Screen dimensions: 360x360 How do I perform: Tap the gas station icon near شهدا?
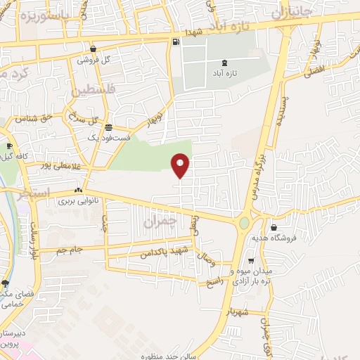tap(174, 41)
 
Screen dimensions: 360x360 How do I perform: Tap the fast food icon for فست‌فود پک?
tap(108, 127)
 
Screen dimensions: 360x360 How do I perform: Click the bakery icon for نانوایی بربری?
tap(79, 190)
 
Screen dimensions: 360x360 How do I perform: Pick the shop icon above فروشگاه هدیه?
tap(274, 227)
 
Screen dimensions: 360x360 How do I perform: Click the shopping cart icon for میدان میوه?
tap(251, 261)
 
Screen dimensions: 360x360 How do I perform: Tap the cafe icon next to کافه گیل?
tap(8, 146)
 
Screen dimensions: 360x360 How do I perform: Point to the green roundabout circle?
tap(244, 224)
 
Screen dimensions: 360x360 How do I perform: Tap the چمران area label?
tap(156, 221)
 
